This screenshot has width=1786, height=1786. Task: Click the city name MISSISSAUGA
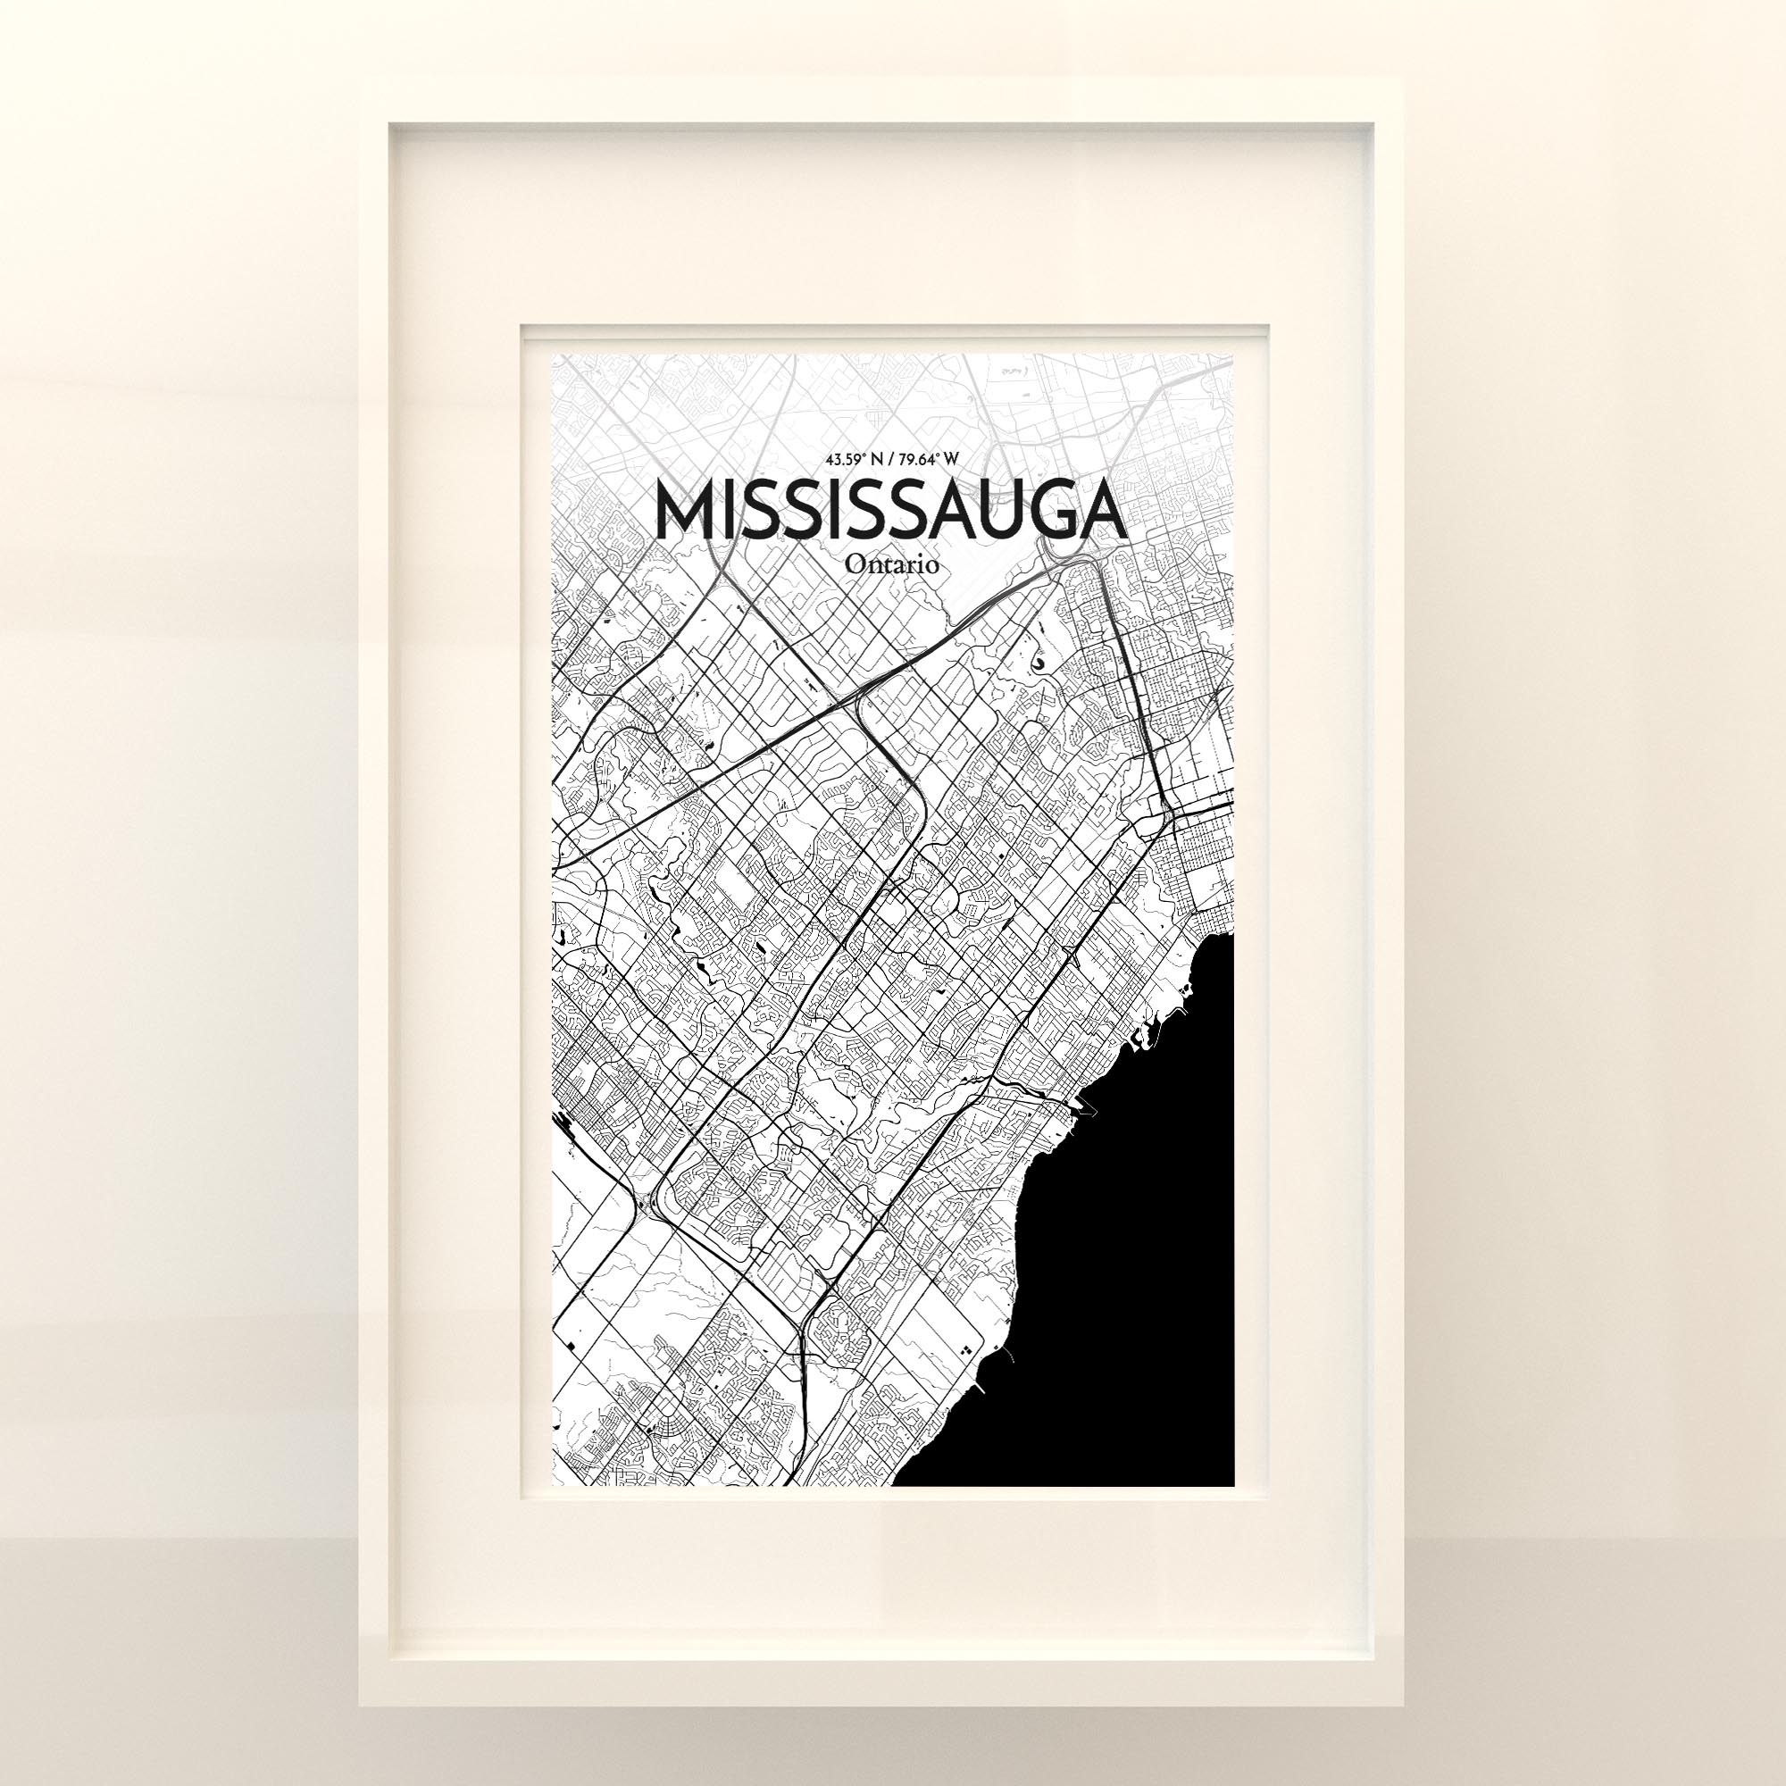891,510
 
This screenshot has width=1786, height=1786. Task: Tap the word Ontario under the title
892,565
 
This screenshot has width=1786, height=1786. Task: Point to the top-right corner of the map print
1234,354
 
